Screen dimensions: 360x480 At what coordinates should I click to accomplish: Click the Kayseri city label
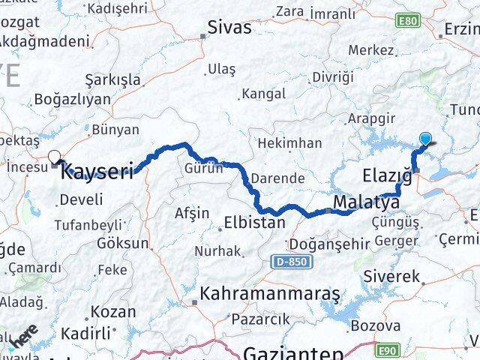click(97, 172)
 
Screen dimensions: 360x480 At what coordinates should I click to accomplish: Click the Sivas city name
click(230, 28)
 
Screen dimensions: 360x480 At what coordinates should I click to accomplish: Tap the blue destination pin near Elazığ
click(426, 139)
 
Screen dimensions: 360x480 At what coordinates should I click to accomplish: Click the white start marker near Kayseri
click(55, 157)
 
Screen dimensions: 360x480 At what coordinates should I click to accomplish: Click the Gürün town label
click(204, 168)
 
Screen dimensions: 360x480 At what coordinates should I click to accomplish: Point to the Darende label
click(277, 178)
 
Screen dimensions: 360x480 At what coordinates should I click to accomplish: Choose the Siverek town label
click(391, 276)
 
